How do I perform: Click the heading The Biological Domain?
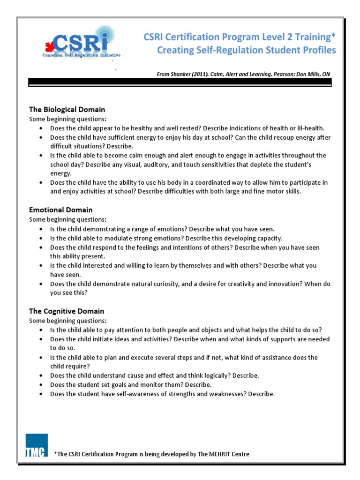67,110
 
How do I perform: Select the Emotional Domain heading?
61,210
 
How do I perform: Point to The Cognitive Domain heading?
67,311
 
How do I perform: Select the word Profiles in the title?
318,50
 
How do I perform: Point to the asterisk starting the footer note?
56,453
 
